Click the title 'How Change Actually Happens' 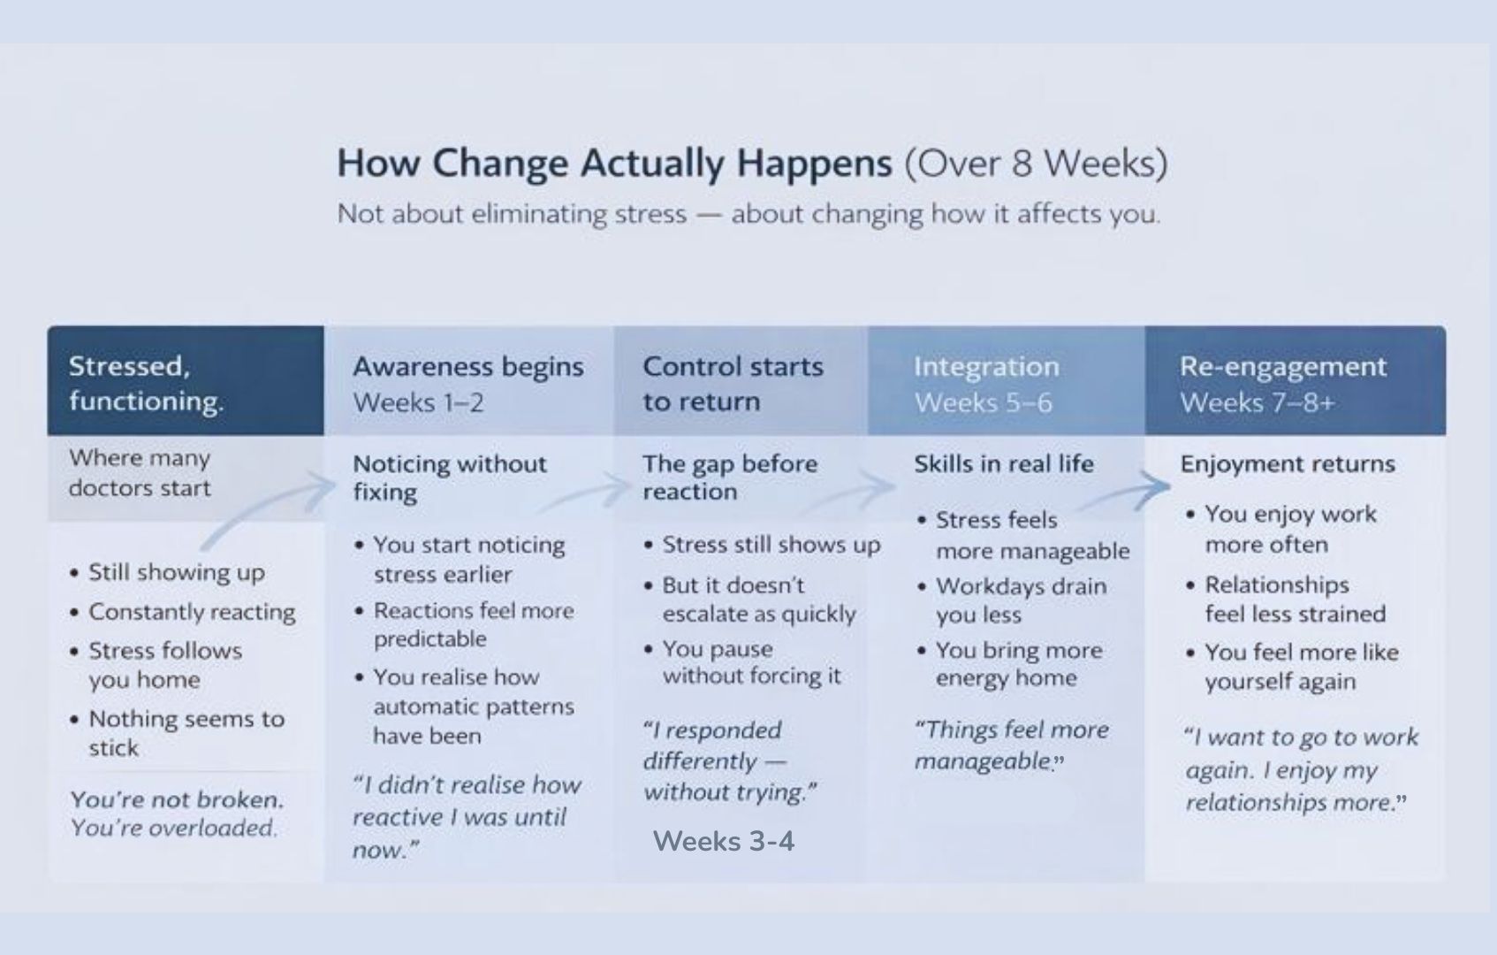(614, 164)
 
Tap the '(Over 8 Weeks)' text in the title (1037, 164)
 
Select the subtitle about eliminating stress (749, 214)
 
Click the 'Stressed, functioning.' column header (146, 383)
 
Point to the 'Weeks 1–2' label (418, 402)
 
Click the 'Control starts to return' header (733, 384)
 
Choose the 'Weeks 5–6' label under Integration (983, 402)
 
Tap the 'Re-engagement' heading (1283, 366)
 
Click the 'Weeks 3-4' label (724, 841)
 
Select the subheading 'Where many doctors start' (140, 473)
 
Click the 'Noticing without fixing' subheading (450, 477)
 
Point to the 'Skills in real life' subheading (1004, 463)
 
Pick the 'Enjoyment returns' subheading (1288, 463)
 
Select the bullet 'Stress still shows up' (762, 545)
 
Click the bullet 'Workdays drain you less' (1012, 600)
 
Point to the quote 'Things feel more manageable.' (1011, 745)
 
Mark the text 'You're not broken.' (177, 799)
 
